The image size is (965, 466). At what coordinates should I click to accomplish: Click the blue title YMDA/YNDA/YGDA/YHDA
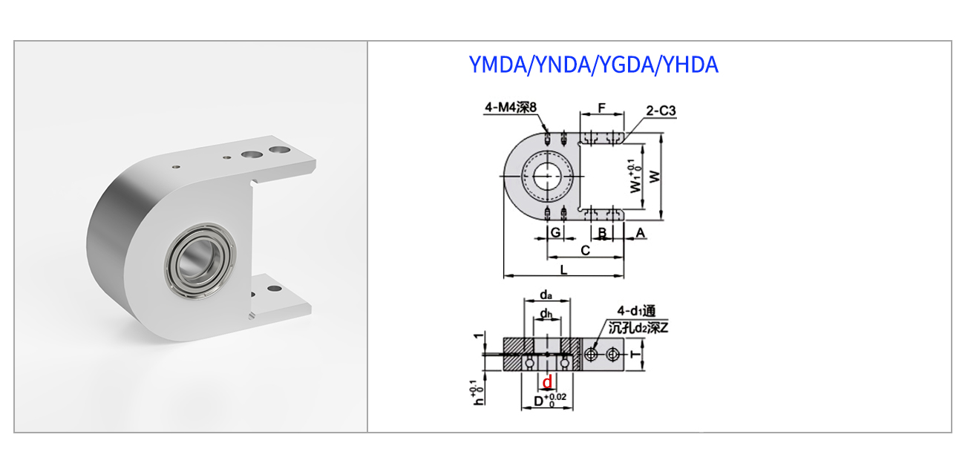593,65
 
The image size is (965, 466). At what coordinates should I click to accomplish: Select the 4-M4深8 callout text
511,108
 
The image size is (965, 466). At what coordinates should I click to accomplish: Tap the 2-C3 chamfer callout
661,111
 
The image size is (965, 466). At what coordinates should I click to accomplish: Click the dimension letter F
602,108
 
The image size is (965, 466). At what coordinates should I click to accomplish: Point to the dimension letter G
556,232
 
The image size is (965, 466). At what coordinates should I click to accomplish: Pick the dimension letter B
602,233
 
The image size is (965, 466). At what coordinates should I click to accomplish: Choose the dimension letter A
640,233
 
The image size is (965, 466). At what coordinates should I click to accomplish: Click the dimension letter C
585,250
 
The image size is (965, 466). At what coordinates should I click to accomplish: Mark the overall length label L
563,269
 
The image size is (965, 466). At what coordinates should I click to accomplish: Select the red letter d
547,382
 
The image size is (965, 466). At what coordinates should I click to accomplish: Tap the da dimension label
546,295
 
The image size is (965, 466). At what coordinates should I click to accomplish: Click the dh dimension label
546,314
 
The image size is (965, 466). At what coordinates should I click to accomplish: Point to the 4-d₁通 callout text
636,310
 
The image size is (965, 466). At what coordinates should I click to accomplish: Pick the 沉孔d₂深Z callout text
638,328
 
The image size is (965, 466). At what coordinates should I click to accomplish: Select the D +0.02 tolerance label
550,401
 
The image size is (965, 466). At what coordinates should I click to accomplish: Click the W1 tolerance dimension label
633,176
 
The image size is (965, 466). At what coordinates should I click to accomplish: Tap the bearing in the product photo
200,260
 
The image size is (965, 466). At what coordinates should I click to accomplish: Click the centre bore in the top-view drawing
547,177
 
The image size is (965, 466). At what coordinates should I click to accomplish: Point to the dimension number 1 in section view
478,335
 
